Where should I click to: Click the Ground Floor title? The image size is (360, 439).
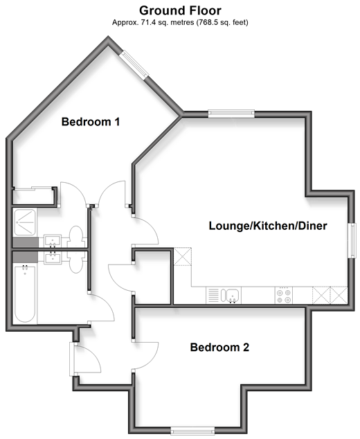click(x=180, y=10)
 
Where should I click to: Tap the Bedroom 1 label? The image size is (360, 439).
click(x=91, y=122)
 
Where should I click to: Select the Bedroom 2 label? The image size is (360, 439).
click(x=219, y=347)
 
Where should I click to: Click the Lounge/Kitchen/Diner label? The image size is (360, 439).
click(x=268, y=226)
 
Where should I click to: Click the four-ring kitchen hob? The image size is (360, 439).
click(x=284, y=296)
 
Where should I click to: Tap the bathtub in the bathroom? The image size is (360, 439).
click(x=25, y=294)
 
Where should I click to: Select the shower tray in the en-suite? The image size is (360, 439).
click(x=25, y=222)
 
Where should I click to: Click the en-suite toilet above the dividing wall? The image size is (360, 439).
click(x=75, y=237)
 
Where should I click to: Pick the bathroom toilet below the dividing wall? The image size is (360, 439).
click(x=75, y=262)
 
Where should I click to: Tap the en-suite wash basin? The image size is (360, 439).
click(x=53, y=241)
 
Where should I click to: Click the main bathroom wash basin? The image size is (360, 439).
click(x=53, y=258)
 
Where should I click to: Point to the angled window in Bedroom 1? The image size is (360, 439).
click(x=135, y=65)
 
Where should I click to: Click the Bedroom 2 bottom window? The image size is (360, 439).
click(x=192, y=431)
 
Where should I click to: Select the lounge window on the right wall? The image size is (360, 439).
click(x=352, y=240)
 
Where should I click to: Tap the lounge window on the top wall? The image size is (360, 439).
click(x=231, y=113)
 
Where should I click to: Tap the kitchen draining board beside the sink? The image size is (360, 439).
click(x=213, y=296)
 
